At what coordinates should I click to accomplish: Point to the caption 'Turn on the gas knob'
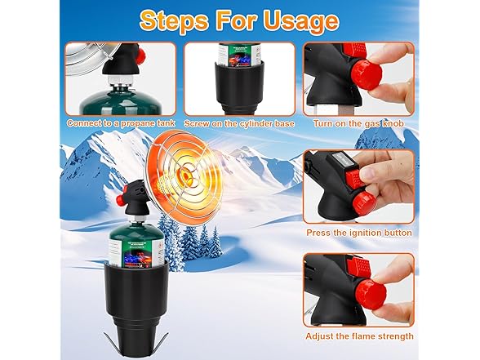pos(358,122)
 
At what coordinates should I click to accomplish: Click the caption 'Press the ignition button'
pos(359,233)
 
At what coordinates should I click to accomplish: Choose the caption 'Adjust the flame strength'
pos(359,336)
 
